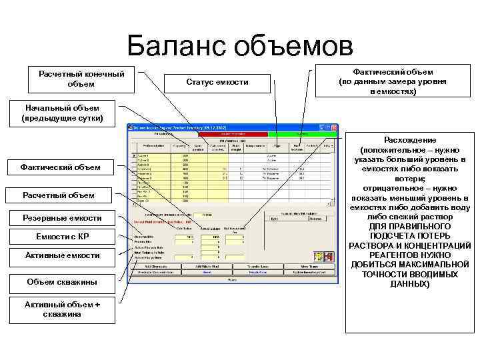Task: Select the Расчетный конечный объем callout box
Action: (81, 78)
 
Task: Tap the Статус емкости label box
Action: (217, 81)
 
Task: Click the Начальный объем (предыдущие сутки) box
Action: (63, 113)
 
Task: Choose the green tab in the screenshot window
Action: (303, 134)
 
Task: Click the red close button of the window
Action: (333, 126)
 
